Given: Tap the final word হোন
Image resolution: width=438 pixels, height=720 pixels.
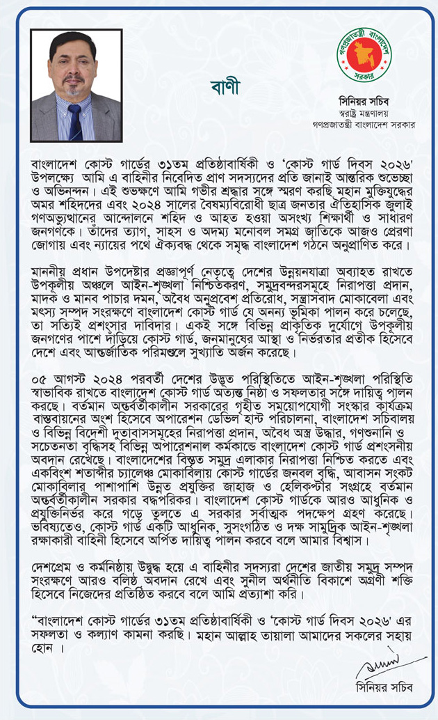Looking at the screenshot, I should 43,647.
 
